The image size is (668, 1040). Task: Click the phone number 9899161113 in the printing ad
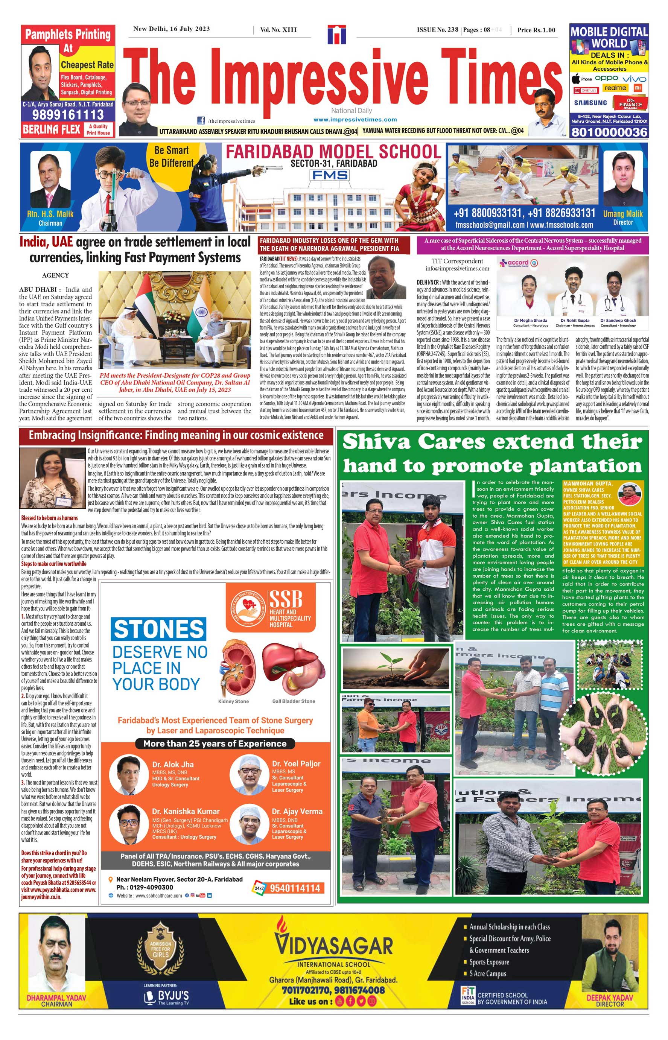click(68, 114)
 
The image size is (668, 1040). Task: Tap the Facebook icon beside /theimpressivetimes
click(201, 120)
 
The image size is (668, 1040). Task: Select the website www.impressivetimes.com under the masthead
click(355, 120)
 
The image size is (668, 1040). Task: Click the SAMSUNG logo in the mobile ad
click(590, 103)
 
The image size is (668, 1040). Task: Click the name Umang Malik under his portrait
click(623, 214)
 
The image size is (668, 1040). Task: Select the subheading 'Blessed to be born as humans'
click(49, 518)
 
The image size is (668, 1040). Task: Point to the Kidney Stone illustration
click(234, 670)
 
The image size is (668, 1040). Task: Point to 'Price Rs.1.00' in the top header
click(536, 30)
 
